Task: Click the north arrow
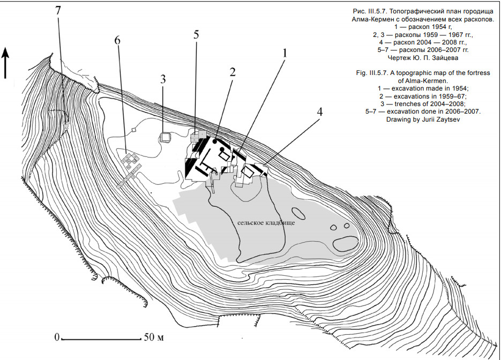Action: coord(5,63)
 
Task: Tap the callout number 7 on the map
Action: coord(58,11)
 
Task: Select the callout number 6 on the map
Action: coord(117,41)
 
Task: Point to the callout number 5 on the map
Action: coord(196,34)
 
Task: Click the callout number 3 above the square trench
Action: coord(163,79)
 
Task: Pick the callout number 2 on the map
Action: coord(233,72)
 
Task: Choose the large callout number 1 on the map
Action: coord(284,53)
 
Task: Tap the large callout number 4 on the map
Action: coord(319,111)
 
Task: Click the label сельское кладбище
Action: coord(266,223)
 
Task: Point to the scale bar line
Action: coord(101,339)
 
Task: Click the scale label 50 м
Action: coord(154,337)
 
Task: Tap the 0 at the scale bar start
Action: coord(57,337)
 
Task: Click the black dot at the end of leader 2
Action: coord(215,141)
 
